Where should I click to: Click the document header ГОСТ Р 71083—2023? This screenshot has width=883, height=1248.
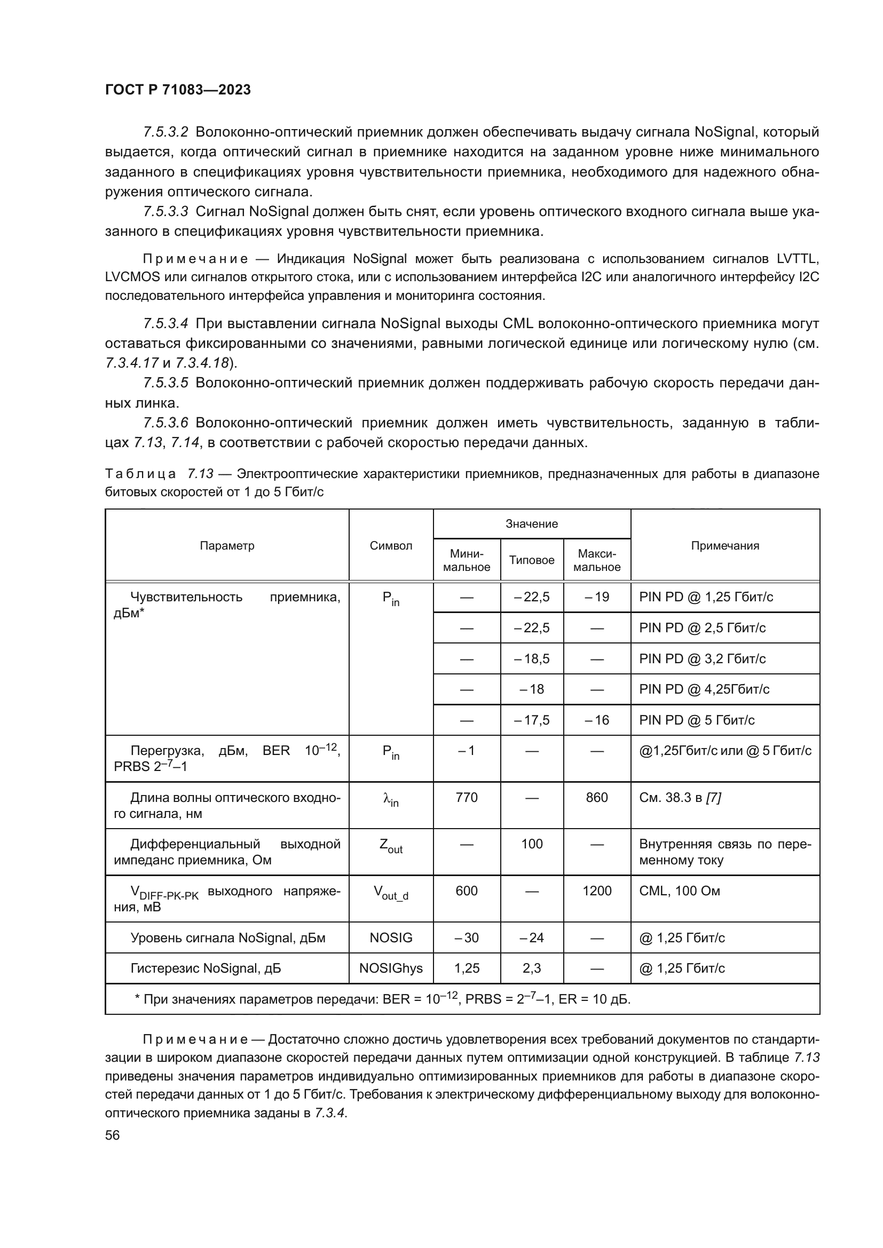(x=178, y=90)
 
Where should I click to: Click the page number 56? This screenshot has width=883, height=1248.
(x=112, y=1135)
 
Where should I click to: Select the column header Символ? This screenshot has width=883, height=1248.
(x=390, y=546)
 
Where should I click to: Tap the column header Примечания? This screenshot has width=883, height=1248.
(x=725, y=546)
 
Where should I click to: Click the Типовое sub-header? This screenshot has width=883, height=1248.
(x=531, y=560)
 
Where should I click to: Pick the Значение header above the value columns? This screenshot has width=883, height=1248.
(x=531, y=524)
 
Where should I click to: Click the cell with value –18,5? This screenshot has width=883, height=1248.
(x=531, y=659)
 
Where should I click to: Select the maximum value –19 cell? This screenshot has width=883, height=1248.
(x=596, y=597)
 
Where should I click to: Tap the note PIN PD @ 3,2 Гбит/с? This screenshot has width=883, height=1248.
(x=702, y=659)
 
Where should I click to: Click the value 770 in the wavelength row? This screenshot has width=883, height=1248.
(x=467, y=797)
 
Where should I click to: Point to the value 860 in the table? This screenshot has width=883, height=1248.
(x=596, y=797)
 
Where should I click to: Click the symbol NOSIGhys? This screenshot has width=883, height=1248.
(x=390, y=968)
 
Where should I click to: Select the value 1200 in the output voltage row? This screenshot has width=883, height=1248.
(x=596, y=891)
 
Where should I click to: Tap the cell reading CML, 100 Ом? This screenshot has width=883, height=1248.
(x=679, y=891)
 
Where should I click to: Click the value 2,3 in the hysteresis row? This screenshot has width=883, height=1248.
(x=531, y=968)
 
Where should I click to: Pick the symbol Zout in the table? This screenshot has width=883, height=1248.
(x=390, y=846)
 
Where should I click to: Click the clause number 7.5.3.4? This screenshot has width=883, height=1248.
(x=165, y=324)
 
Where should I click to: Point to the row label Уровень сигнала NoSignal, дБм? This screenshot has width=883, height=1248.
(x=227, y=937)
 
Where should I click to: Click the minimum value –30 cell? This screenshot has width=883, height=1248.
(x=467, y=937)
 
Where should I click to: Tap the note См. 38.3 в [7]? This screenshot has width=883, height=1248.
(x=680, y=797)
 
